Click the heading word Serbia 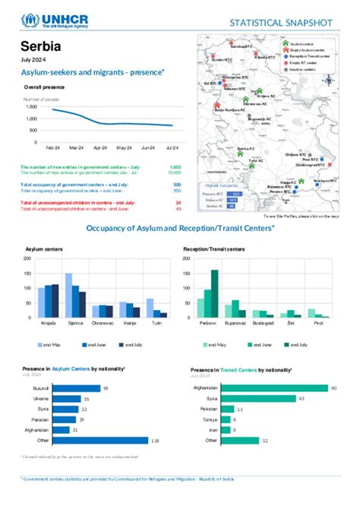pos(43,47)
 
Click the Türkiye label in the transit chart pos(207,419)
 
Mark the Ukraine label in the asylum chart pos(41,398)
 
